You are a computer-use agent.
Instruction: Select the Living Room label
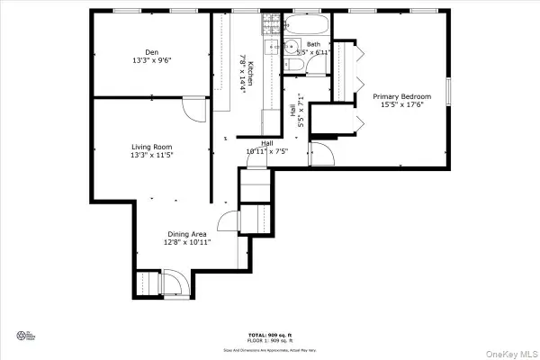[x=151, y=147]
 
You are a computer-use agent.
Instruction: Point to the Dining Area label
[x=187, y=234]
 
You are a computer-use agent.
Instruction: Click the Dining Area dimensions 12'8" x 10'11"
[x=187, y=243]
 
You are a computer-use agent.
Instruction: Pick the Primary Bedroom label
[x=402, y=96]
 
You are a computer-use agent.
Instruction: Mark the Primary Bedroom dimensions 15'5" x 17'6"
[x=402, y=105]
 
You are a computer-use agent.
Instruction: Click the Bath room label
[x=313, y=44]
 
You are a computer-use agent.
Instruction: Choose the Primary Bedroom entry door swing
[x=321, y=154]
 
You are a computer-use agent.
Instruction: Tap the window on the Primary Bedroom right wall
[x=449, y=90]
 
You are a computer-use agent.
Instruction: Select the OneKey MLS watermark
[x=512, y=352]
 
